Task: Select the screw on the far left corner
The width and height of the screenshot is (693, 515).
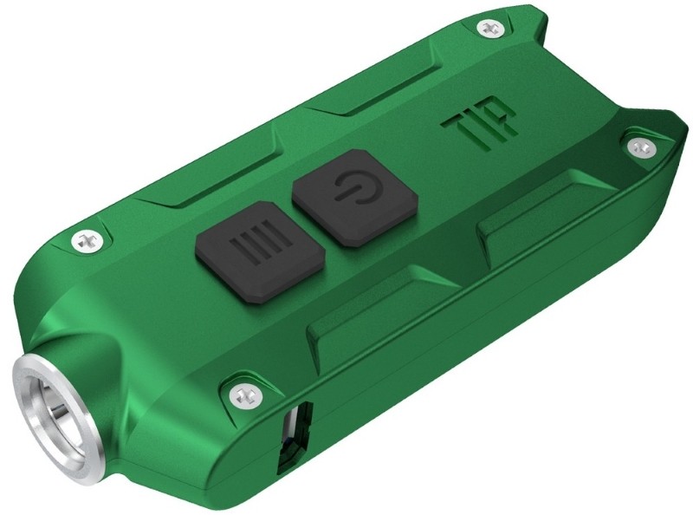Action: pos(87,237)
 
